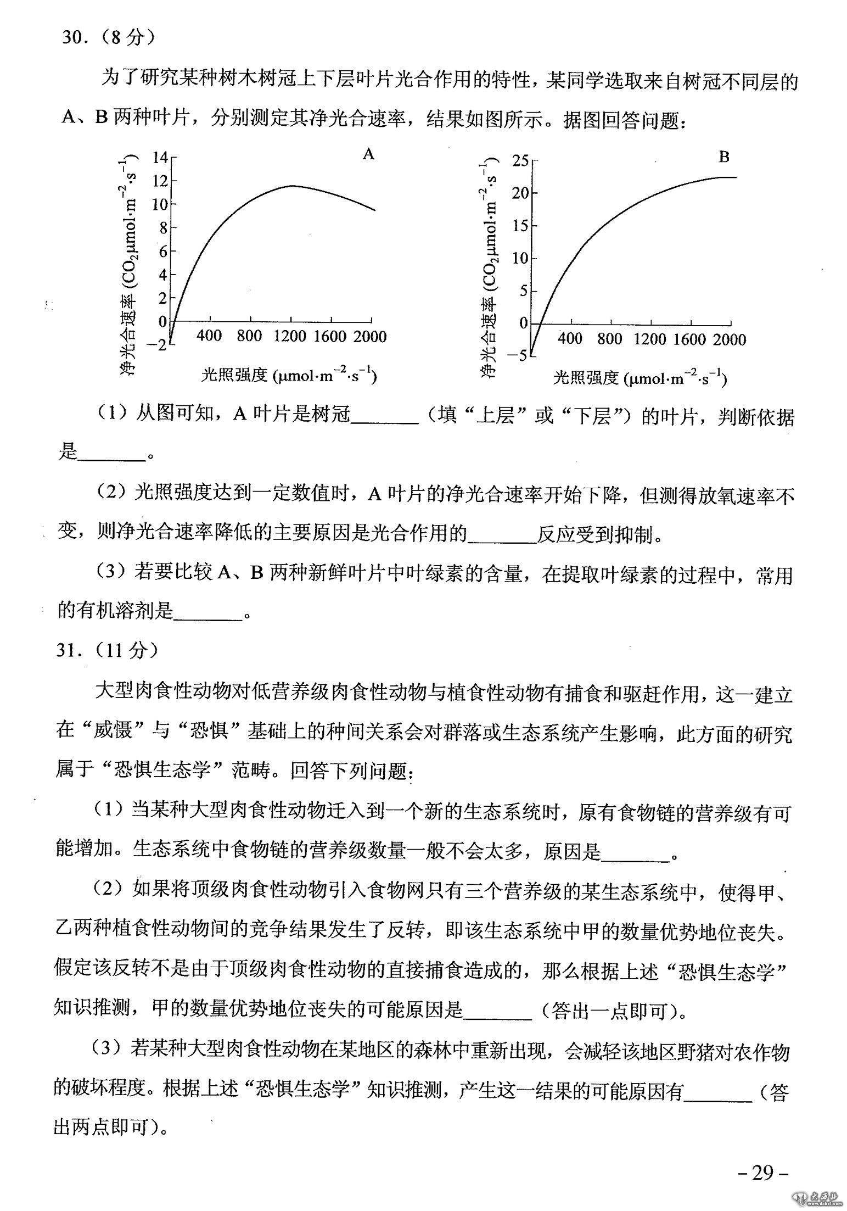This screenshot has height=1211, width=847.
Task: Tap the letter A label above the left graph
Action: point(368,154)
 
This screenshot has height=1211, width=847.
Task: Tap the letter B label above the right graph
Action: point(723,157)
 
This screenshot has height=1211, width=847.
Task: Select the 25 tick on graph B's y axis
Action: point(519,161)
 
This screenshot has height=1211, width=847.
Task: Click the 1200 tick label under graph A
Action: point(290,336)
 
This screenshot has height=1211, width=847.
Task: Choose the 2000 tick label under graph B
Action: point(729,339)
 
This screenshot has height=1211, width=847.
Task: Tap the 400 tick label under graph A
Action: point(209,336)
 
